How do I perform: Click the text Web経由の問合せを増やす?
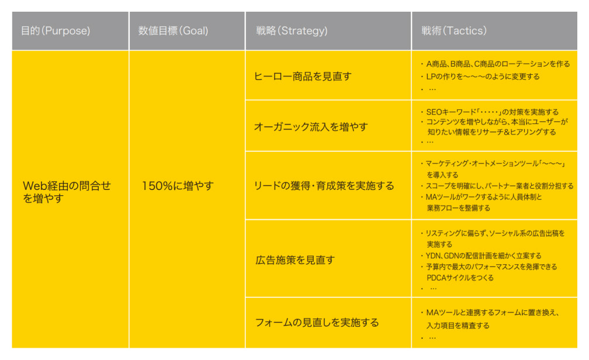pos(67,192)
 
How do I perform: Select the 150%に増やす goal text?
pos(178,186)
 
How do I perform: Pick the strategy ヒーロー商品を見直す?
pos(303,77)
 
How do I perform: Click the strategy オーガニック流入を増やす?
pos(311,127)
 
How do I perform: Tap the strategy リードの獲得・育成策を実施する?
pos(324,186)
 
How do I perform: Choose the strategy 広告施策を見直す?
pos(295,259)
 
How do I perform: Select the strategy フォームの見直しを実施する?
pos(317,323)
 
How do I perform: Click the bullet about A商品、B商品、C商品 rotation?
pos(496,64)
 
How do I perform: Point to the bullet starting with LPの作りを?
pos(480,77)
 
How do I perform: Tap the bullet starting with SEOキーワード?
pos(490,112)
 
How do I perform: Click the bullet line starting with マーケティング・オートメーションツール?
pos(493,164)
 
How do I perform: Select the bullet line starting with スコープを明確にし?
pos(497,186)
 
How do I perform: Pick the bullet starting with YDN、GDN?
pos(481,255)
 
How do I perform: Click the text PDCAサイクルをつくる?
pos(460,278)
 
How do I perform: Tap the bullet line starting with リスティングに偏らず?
pos(493,233)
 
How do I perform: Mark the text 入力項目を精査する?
pos(458,326)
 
